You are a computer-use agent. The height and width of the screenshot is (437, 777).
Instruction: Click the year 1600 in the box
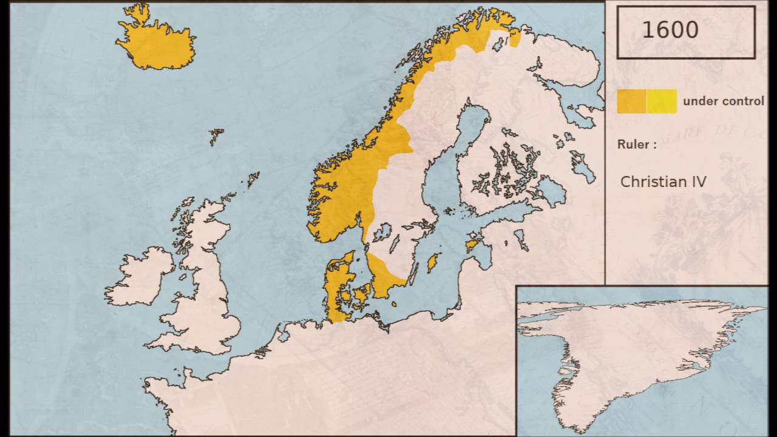[x=670, y=30]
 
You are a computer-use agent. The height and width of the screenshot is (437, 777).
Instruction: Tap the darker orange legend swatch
[x=631, y=101]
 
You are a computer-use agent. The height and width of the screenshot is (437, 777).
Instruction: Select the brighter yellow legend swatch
[x=662, y=101]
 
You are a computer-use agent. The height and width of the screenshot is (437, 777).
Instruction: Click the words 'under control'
[x=723, y=101]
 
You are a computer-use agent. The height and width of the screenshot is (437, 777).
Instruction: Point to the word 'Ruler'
[x=634, y=144]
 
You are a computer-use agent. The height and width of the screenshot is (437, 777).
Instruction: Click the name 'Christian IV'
[x=663, y=181]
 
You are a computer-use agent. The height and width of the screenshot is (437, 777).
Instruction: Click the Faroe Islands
[x=216, y=136]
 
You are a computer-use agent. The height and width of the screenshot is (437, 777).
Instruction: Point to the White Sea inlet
[x=571, y=97]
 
